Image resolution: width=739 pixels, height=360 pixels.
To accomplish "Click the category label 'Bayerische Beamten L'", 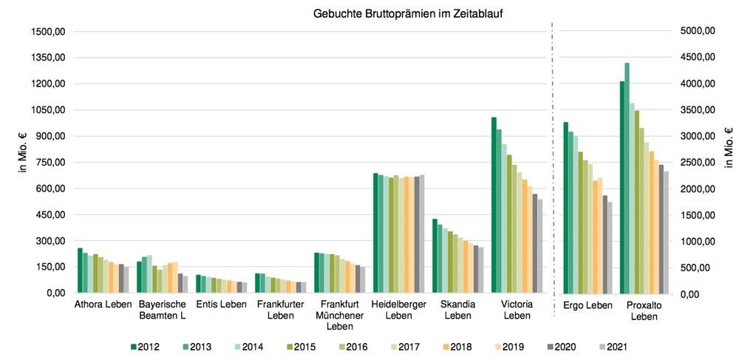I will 163,310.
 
